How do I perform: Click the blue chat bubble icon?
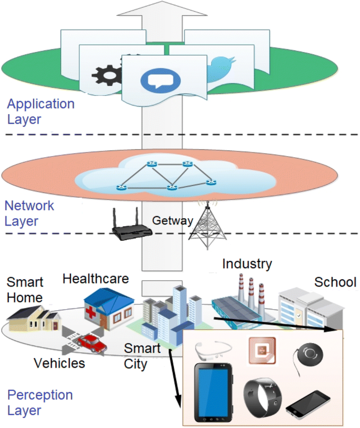160,80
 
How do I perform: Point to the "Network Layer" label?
29,213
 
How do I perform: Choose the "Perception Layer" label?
39,402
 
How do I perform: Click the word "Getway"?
172,220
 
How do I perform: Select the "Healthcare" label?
96,279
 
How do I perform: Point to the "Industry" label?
246,263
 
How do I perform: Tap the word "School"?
335,282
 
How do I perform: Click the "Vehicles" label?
59,363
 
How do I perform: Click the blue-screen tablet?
213,392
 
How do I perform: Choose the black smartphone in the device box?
308,404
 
